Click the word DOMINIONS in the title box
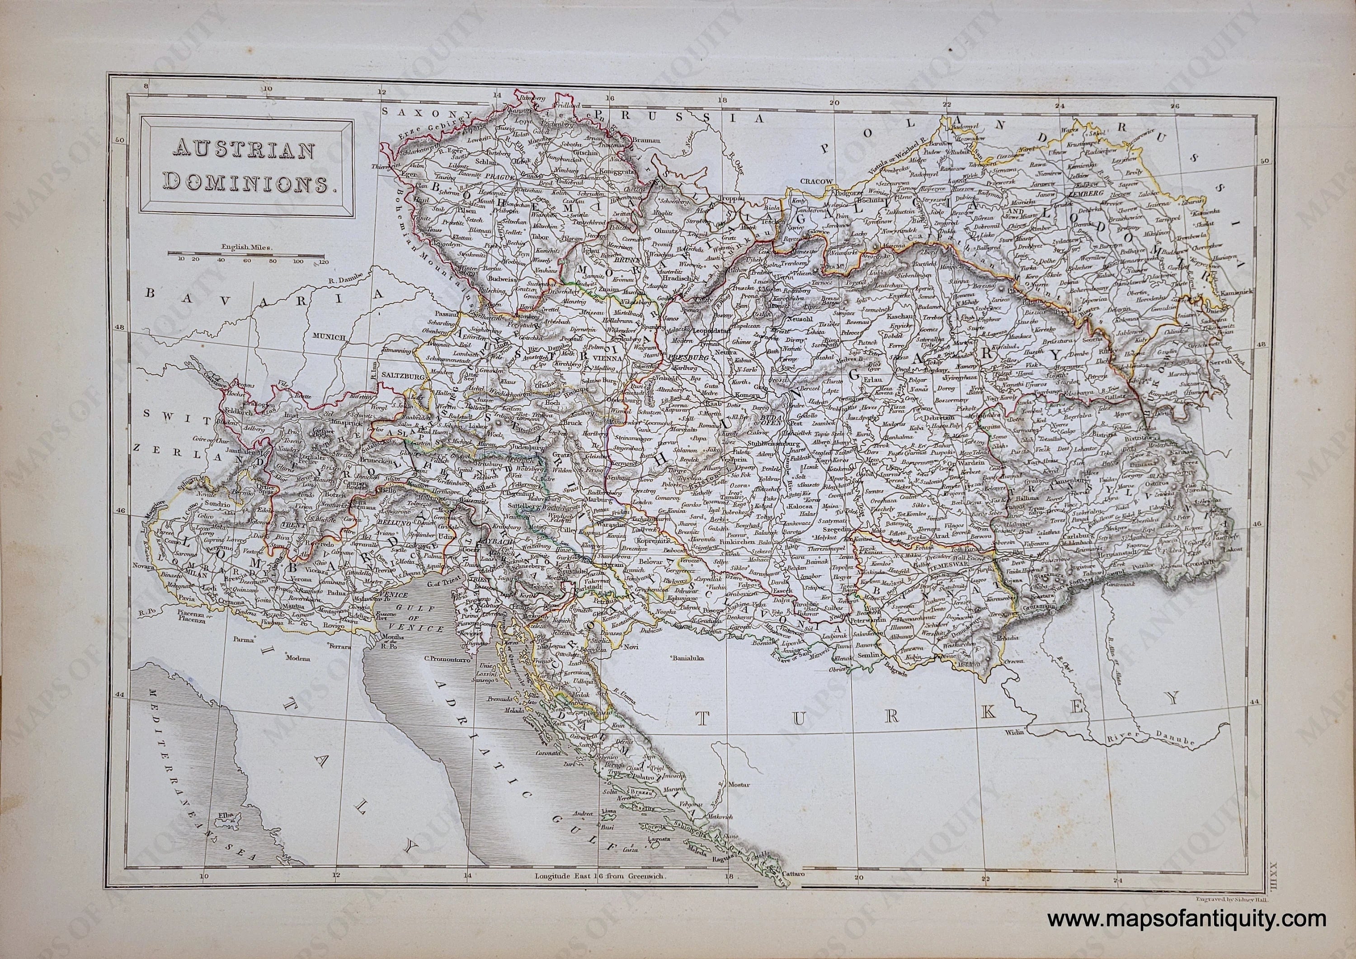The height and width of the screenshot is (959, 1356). point(249,182)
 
